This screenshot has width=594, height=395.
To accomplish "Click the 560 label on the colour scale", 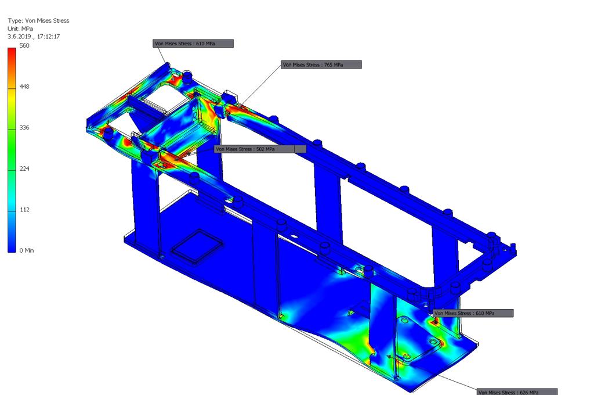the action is (24, 45).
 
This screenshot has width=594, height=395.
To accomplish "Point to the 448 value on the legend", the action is (24, 87).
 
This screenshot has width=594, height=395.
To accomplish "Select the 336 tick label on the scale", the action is (24, 127).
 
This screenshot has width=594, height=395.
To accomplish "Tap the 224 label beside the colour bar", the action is (24, 168).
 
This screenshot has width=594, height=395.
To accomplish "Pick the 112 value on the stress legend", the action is (24, 210).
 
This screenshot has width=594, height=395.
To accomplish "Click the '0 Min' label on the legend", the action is (27, 250).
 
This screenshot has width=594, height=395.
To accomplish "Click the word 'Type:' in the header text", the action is (16, 21).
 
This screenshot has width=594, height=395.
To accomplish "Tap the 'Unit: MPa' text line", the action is (20, 29).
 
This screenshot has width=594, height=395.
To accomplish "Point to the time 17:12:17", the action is (49, 37).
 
